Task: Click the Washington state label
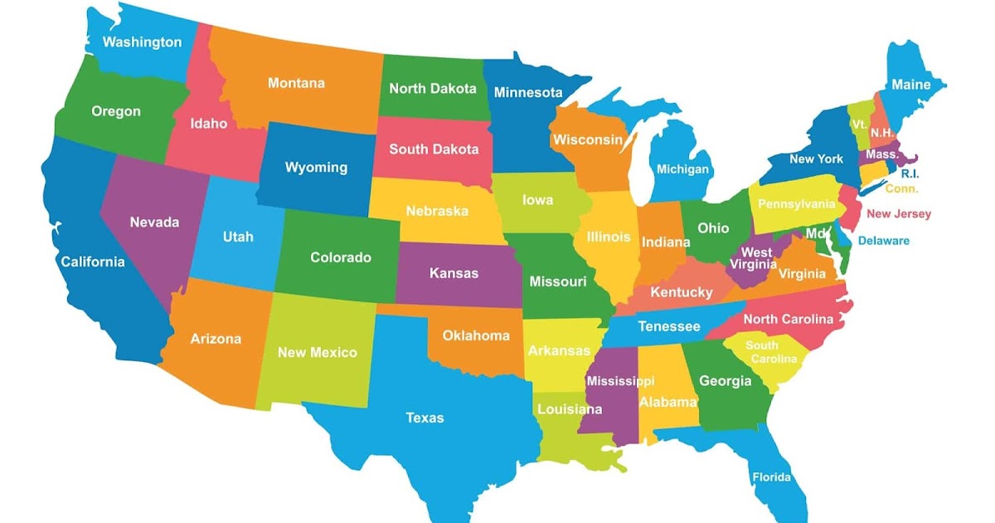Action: [x=142, y=42]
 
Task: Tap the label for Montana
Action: [x=296, y=83]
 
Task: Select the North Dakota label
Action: [x=433, y=88]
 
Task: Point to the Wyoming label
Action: [x=316, y=168]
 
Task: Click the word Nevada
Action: [x=154, y=222]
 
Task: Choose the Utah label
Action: [x=238, y=237]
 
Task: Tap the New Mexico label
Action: [x=317, y=352]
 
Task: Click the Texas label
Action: [x=425, y=418]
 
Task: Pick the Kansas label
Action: [x=454, y=272]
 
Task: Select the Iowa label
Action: [x=537, y=200]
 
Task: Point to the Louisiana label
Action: [x=570, y=409]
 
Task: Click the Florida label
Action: [x=771, y=477]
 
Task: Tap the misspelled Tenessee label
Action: [x=669, y=327]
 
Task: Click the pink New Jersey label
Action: [x=899, y=214]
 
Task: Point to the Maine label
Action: [x=911, y=85]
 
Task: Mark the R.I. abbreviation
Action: [x=910, y=174]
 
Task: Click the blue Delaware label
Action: [x=883, y=241]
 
